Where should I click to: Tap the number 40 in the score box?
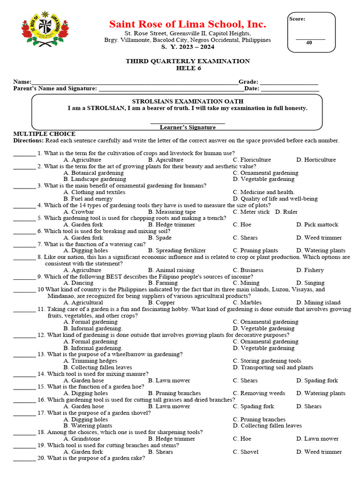pyautogui.click(x=309, y=43)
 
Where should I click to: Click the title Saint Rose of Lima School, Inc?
pyautogui.click(x=187, y=24)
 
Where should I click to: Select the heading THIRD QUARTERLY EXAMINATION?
pyautogui.click(x=187, y=61)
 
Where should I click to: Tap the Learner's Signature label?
pyautogui.click(x=187, y=127)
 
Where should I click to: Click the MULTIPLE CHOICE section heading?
pyautogui.click(x=44, y=134)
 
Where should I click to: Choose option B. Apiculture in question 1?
pyautogui.click(x=165, y=160)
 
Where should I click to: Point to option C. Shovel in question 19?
pyautogui.click(x=245, y=452)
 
